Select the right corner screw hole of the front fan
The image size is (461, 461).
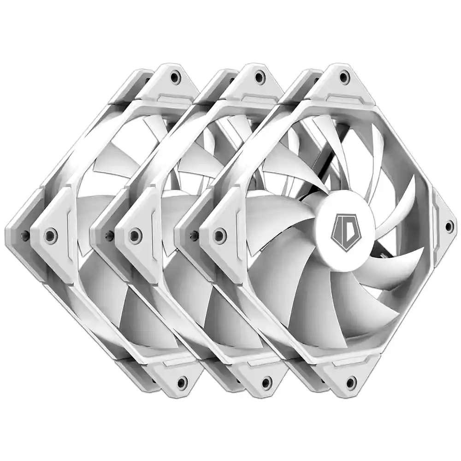(x=449, y=226)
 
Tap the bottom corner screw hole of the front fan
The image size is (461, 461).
(x=351, y=382)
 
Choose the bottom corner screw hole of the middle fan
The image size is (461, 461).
(x=266, y=382)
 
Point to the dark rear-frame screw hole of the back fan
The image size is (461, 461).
(x=24, y=236)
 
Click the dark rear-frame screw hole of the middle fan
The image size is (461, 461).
(x=109, y=235)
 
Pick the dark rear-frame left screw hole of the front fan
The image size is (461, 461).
(x=194, y=235)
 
